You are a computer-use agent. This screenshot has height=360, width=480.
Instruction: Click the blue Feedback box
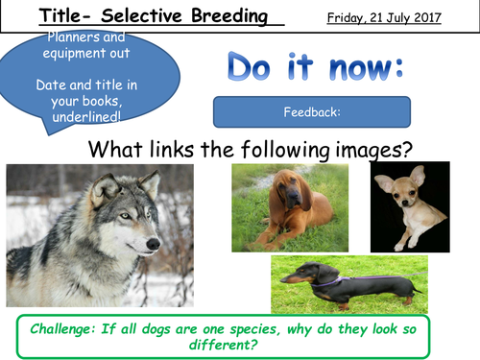pyautogui.click(x=311, y=112)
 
